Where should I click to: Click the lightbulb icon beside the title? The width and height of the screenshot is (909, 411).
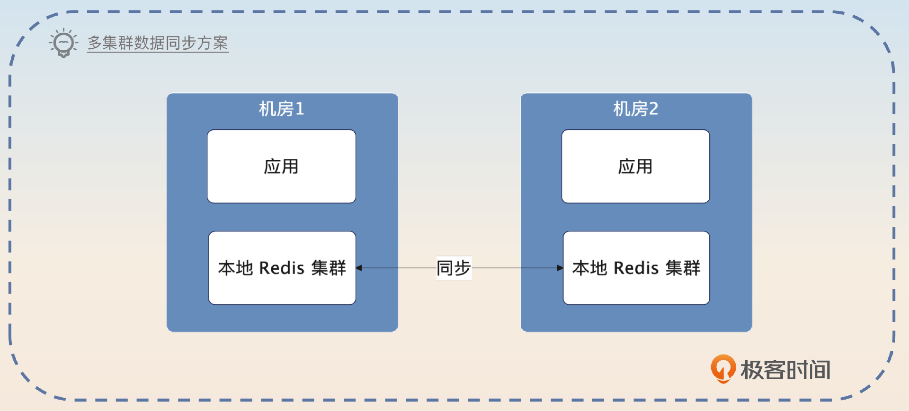click(63, 43)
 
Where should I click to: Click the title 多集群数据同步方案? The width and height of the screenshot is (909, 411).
click(158, 43)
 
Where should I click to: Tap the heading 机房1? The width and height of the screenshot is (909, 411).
click(281, 109)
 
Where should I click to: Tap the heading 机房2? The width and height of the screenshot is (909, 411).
click(635, 109)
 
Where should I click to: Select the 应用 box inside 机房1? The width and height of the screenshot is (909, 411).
click(281, 166)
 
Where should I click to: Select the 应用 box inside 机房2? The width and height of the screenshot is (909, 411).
click(635, 166)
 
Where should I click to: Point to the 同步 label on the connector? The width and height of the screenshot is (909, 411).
click(454, 268)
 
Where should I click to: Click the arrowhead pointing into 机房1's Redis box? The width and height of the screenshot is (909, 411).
click(359, 268)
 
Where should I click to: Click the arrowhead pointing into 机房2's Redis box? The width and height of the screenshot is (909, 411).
click(560, 268)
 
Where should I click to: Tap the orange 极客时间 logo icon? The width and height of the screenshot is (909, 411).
click(723, 369)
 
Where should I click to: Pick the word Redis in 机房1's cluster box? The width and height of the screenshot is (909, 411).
click(282, 268)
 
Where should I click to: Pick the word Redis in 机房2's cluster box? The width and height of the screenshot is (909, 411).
click(636, 268)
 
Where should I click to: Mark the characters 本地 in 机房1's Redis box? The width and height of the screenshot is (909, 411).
click(235, 268)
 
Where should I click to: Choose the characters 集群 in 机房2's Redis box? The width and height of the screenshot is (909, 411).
click(682, 268)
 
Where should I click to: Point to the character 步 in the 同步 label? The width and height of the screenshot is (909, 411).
click(462, 268)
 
